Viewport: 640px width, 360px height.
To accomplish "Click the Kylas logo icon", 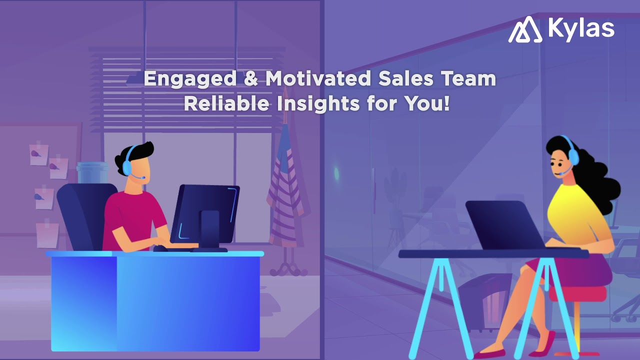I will point(525,29).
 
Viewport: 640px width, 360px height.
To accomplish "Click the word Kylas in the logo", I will point(581,28).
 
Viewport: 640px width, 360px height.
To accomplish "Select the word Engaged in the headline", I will point(190,79).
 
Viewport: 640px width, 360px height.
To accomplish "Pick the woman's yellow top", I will point(575,210).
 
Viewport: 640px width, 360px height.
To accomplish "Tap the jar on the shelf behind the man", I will point(92,172).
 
